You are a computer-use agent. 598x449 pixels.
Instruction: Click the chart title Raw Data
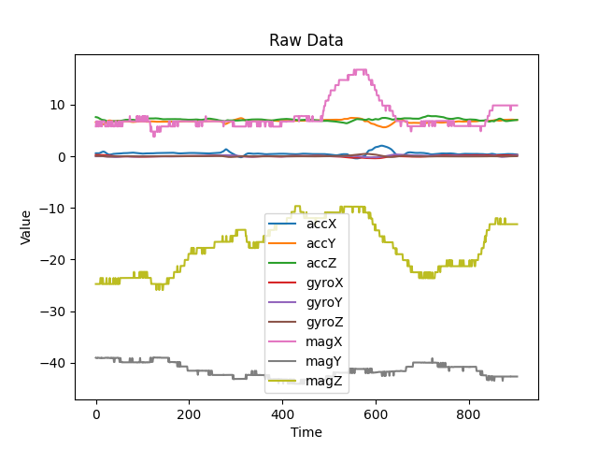pyautogui.click(x=306, y=40)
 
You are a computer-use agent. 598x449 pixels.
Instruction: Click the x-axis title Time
pyautogui.click(x=306, y=432)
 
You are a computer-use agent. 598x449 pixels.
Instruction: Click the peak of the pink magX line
pyautogui.click(x=359, y=70)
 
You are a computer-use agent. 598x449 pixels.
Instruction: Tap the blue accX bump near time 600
pyautogui.click(x=380, y=146)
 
